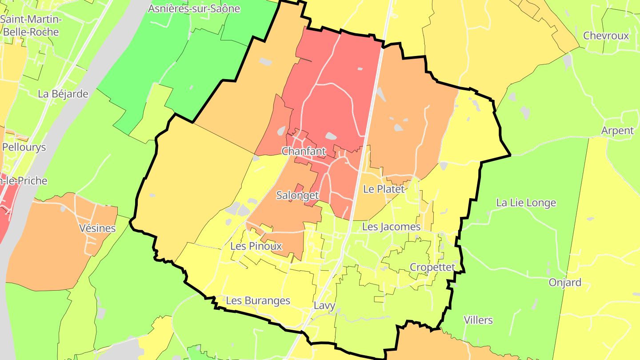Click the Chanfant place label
[x=304, y=152]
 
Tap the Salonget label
[x=297, y=195]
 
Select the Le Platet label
[x=384, y=189]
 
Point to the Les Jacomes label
[x=391, y=227]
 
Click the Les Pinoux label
[x=256, y=246]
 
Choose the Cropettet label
[x=432, y=267]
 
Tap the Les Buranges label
[x=258, y=300]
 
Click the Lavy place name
[x=324, y=306]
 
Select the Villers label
[x=478, y=320]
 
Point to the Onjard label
[x=565, y=283]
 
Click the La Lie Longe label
[x=526, y=203]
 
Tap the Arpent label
[x=617, y=131]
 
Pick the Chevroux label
[x=606, y=36]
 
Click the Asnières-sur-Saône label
[x=194, y=8]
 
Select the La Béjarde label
[x=63, y=94]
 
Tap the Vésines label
[x=97, y=228]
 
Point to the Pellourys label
[x=24, y=147]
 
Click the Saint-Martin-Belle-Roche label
[x=31, y=26]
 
